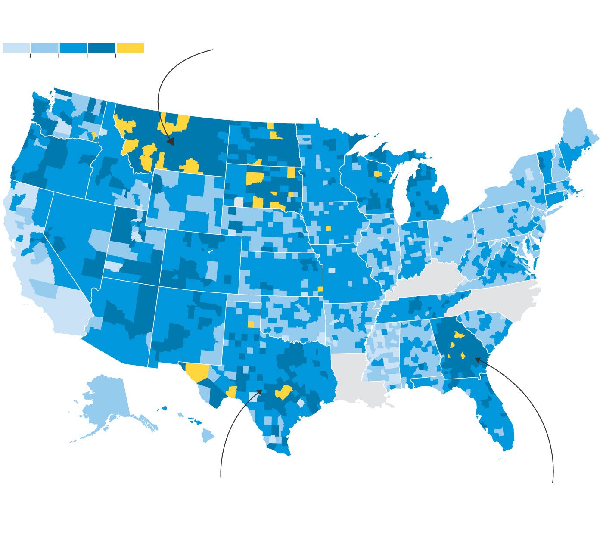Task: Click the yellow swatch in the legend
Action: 130,48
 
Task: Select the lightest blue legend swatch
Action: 16,48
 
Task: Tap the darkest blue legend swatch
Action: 101,48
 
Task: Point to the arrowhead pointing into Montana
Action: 171,142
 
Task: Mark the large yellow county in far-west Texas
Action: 197,371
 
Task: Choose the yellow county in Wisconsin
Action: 378,174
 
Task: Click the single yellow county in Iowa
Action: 328,228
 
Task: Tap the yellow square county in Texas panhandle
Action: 251,324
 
